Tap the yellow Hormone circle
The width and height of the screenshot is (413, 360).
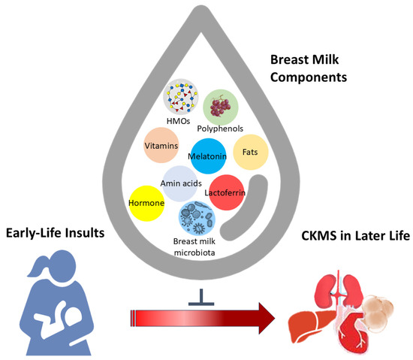(x=147, y=203)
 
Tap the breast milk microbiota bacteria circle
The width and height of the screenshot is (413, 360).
(x=196, y=219)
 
